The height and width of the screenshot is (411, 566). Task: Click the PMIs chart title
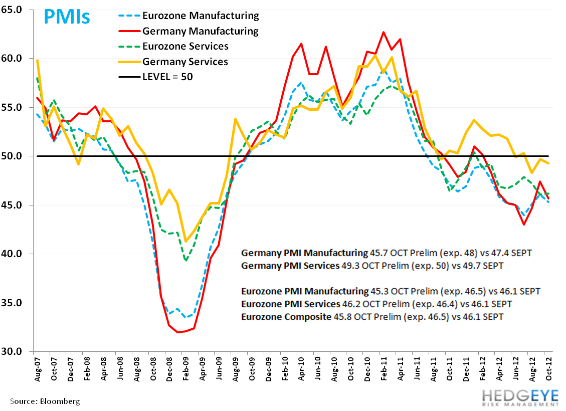(67, 17)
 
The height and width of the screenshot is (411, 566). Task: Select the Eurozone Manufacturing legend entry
(200, 16)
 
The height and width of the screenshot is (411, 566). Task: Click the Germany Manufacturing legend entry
(200, 31)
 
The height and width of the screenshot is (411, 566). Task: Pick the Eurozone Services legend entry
(185, 47)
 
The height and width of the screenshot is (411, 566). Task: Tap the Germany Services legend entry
(185, 62)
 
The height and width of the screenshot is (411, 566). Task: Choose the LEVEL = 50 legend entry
(167, 77)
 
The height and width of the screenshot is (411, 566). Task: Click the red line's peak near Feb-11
(384, 32)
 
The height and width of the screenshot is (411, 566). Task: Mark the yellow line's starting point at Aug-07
(38, 60)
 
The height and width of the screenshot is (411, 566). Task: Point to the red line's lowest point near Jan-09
(177, 332)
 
